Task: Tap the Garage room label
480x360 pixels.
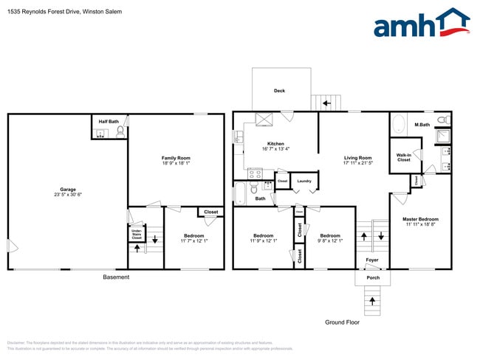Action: point(67,190)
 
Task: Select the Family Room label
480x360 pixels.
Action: point(176,159)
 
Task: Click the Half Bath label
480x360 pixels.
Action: point(109,121)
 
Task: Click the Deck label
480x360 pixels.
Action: point(279,91)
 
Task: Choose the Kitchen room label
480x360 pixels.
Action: point(275,144)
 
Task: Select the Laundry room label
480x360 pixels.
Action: point(304,181)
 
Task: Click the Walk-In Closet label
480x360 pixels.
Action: point(404,157)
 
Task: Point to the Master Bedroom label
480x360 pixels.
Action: point(420,219)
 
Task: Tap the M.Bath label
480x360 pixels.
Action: point(422,125)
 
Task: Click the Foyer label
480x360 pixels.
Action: point(372,260)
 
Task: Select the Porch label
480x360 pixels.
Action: point(373,278)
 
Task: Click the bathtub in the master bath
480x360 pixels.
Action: point(398,123)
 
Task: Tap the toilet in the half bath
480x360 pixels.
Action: point(120,133)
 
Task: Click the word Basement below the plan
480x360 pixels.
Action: point(116,277)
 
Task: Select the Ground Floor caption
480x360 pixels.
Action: point(342,322)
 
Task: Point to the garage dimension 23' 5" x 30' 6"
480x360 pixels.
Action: point(67,195)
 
